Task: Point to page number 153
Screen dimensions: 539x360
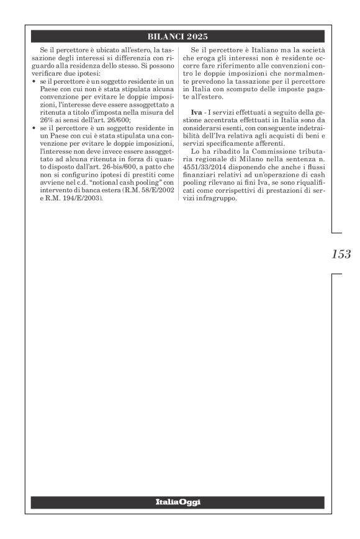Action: pos(341,254)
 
